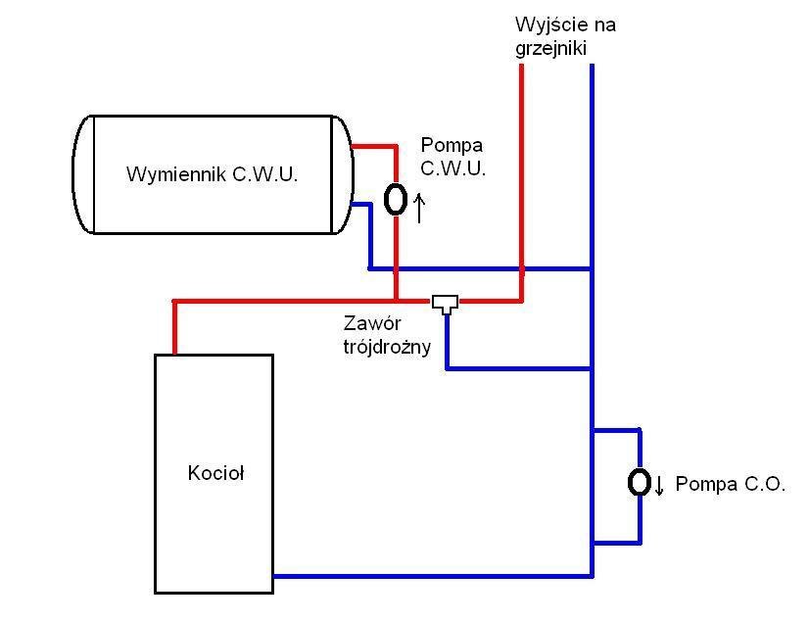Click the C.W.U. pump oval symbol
(x=396, y=199)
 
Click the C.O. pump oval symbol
(x=640, y=482)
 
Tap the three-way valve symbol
(x=446, y=303)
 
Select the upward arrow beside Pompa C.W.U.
(x=419, y=208)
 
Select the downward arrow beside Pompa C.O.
(x=659, y=484)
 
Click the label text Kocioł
(x=215, y=473)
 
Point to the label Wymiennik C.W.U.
(x=213, y=175)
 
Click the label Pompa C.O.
(x=730, y=484)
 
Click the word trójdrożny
(x=387, y=346)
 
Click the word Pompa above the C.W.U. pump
(x=446, y=146)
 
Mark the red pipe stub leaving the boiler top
(x=174, y=328)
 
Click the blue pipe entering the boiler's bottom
(x=431, y=576)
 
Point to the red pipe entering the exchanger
(x=372, y=147)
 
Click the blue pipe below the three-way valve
(x=447, y=343)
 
